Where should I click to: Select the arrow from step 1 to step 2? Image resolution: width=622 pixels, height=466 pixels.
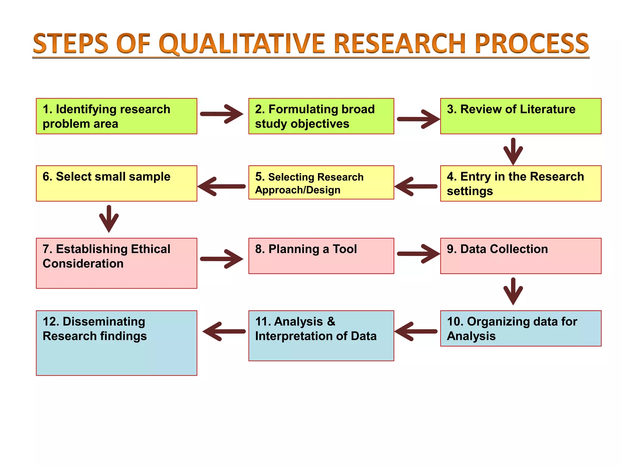click(x=222, y=114)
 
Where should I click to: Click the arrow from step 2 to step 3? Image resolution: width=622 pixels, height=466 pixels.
click(x=418, y=119)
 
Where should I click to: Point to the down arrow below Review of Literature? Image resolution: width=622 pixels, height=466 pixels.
click(x=513, y=151)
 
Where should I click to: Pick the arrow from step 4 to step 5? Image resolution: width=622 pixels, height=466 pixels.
click(x=416, y=186)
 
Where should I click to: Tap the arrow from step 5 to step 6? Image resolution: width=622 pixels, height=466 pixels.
click(x=222, y=186)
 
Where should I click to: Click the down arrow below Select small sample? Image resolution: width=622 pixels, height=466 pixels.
click(x=109, y=218)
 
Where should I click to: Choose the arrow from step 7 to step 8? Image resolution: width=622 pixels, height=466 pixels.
click(x=222, y=259)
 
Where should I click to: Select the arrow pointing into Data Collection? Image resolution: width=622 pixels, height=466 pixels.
click(x=418, y=254)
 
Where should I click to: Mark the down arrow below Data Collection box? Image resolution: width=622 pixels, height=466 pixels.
click(x=513, y=291)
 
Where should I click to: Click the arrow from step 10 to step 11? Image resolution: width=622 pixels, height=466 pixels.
click(x=416, y=331)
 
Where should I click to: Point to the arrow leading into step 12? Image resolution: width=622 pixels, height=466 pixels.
click(x=224, y=331)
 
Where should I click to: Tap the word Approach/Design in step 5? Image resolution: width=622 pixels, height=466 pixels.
click(x=298, y=190)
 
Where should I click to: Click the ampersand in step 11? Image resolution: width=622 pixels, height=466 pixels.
click(x=331, y=322)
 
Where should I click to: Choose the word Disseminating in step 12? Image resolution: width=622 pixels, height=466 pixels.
click(x=104, y=322)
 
